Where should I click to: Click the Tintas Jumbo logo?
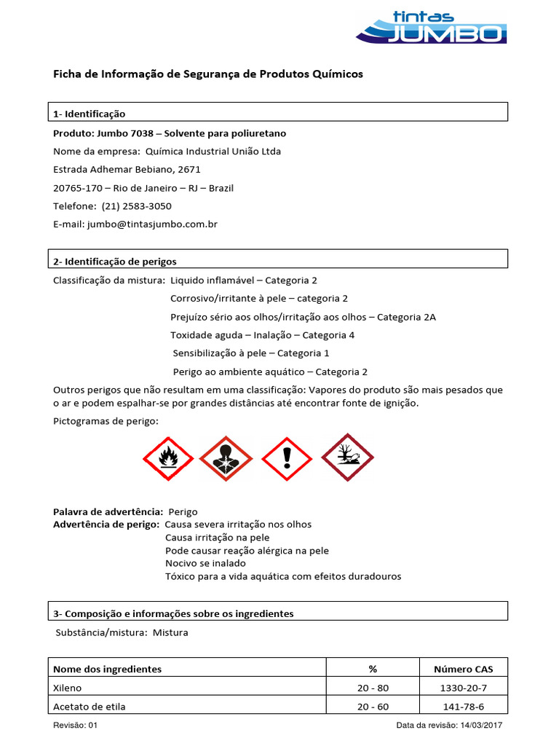(431, 27)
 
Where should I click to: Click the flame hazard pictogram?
(168, 459)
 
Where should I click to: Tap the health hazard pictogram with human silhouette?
(226, 459)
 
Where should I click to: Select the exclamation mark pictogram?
(287, 459)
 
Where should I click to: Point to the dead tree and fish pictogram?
(347, 458)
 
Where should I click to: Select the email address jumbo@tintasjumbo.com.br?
(152, 224)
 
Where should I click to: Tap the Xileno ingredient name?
(68, 688)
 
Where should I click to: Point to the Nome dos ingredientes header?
(108, 669)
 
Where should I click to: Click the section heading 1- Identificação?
(90, 114)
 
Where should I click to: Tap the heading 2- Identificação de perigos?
(115, 262)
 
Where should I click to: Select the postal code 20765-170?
(81, 188)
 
